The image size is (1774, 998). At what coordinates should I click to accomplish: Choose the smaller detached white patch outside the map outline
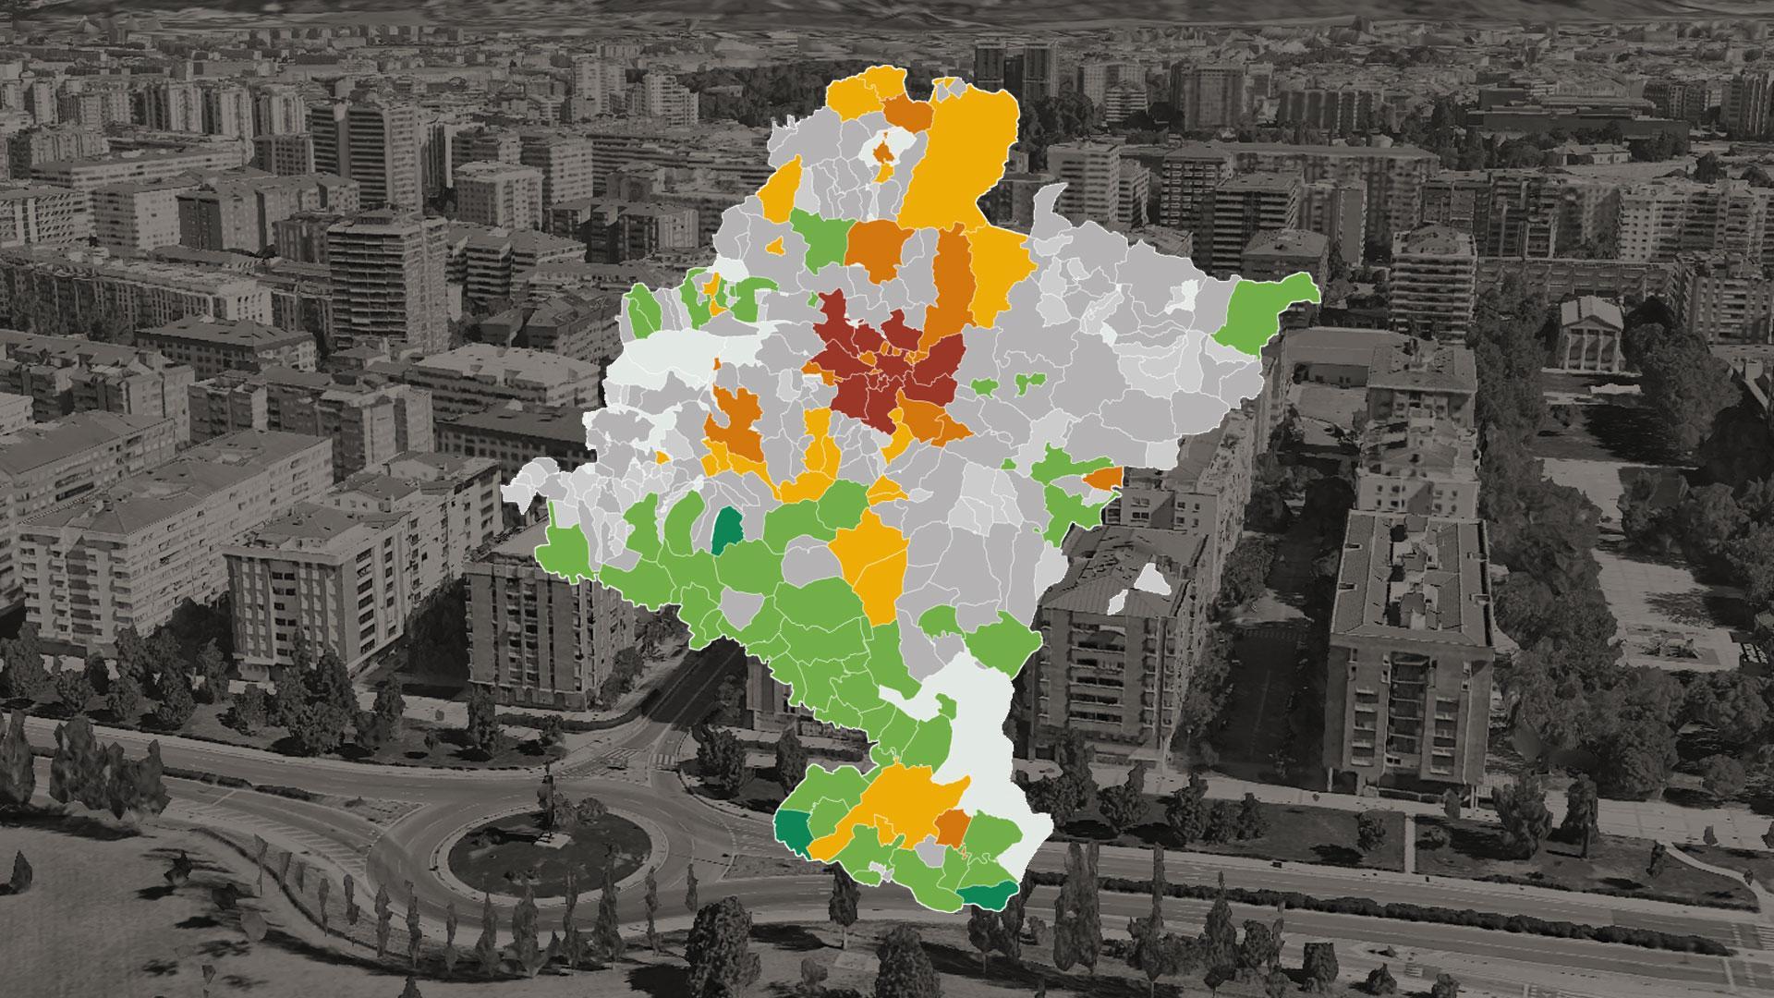(x=1116, y=602)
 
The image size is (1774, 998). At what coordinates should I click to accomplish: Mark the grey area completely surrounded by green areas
(x=739, y=606)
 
